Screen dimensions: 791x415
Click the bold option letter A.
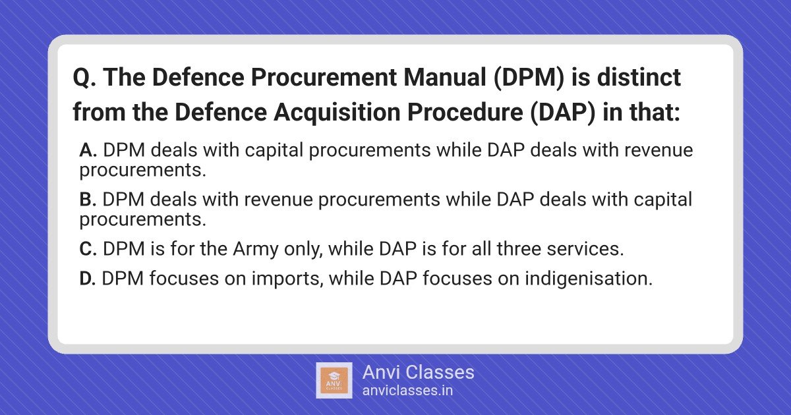88,150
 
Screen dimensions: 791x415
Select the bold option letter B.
88,200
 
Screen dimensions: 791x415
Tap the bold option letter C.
88,249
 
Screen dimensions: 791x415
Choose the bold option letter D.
88,279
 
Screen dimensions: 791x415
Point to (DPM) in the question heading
529,78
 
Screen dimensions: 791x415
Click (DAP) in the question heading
562,113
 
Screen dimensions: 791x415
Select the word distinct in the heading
639,77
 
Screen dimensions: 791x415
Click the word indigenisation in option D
589,279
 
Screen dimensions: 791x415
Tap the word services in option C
585,249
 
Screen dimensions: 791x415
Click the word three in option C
519,249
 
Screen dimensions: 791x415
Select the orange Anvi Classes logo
334,381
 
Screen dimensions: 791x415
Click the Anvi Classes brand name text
418,373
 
